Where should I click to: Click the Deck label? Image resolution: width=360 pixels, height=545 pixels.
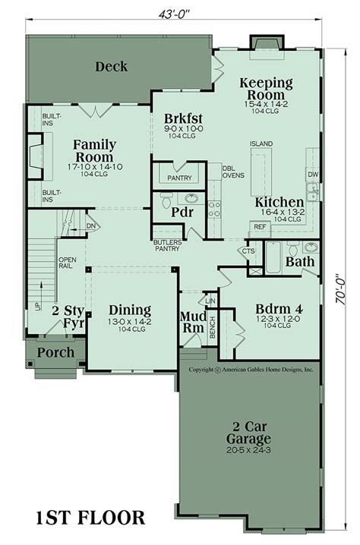pos(111,67)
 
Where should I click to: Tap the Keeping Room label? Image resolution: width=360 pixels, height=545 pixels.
pos(266,89)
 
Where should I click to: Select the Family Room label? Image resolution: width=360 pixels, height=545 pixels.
pos(94,151)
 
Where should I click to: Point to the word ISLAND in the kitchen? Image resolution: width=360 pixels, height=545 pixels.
pos(261,143)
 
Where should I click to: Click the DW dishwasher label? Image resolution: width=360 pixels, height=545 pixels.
pos(313,175)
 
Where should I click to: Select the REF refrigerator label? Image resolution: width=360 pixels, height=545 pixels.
pos(260,226)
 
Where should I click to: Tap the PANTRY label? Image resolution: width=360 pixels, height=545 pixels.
pos(179,178)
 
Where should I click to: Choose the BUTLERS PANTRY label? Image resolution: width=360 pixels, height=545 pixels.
pos(167,244)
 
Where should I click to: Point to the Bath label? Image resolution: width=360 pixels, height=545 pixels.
pos(301,262)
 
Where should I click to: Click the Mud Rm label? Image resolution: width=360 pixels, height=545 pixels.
pos(191,322)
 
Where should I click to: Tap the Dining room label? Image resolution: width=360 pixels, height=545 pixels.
pos(129,310)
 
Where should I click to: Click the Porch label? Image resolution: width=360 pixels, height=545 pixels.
pos(56,352)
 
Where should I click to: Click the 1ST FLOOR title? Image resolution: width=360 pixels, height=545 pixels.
pos(90,518)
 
